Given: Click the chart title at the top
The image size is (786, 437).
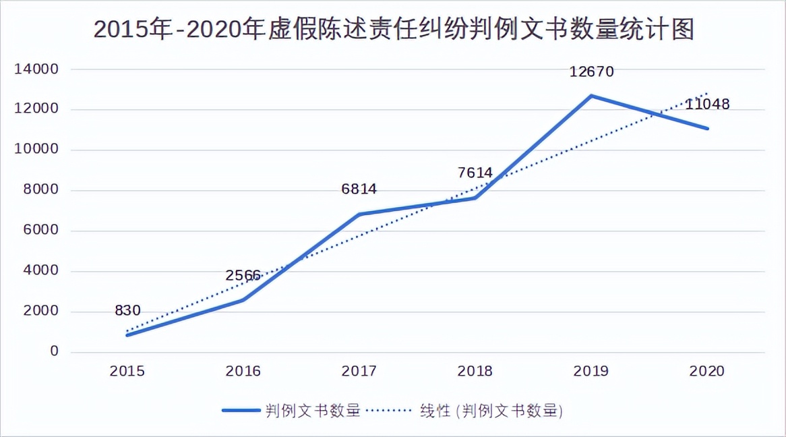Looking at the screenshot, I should [393, 30].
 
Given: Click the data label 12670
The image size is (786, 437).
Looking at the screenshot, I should [591, 71].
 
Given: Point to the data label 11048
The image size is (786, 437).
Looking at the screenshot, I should [707, 104].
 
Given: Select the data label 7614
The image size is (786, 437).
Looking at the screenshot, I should [475, 173].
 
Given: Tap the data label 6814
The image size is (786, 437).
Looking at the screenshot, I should [359, 190].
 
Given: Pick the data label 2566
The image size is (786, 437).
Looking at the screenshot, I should [243, 275].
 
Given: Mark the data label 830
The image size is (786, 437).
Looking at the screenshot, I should [127, 311].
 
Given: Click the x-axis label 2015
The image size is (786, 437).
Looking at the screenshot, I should [127, 371].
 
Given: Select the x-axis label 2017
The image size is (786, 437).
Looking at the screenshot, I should [359, 371].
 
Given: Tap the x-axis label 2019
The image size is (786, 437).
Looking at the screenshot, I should [591, 371].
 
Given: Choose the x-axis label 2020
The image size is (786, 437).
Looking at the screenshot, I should [707, 371].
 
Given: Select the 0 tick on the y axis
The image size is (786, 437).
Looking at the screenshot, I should [54, 352].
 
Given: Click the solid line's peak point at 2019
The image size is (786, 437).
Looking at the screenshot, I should [591, 96].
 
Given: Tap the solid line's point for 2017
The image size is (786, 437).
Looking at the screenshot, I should [359, 214].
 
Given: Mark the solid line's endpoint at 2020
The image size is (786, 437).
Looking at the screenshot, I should [707, 128].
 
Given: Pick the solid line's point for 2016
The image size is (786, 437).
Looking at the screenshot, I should [243, 300].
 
